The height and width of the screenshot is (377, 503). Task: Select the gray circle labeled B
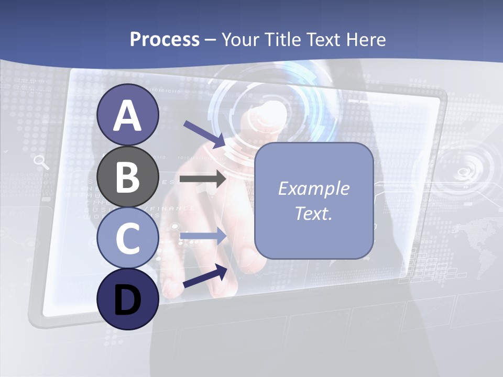click(128, 177)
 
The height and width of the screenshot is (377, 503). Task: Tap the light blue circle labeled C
click(128, 238)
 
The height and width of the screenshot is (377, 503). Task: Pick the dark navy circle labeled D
click(128, 300)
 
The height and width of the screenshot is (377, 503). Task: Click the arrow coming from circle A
click(204, 134)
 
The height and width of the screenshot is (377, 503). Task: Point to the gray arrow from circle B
click(203, 179)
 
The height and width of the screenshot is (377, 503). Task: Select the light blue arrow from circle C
click(203, 236)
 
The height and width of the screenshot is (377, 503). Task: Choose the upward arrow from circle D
click(205, 276)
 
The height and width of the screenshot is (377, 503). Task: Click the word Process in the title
click(165, 39)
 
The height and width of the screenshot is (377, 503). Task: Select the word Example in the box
click(314, 188)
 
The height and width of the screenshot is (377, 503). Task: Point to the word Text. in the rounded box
click(314, 213)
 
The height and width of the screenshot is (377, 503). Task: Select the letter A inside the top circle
click(128, 116)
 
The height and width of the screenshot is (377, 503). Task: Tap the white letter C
click(128, 239)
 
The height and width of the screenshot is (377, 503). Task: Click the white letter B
click(128, 178)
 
